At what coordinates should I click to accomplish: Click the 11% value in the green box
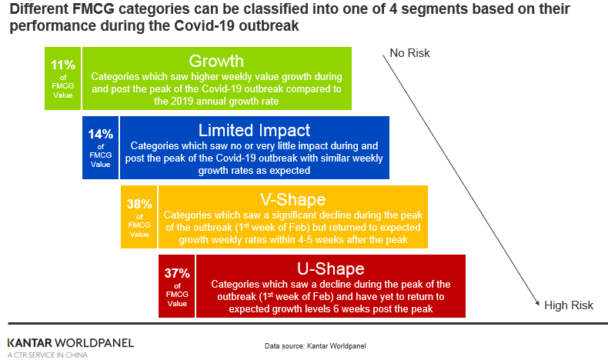coord(63,65)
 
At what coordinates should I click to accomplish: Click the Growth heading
coord(216,61)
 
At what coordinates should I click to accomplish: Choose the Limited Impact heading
coord(254,130)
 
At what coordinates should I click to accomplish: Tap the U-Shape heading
coord(330,269)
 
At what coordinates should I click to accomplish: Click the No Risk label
coord(410,53)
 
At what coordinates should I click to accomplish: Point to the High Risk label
coord(569,305)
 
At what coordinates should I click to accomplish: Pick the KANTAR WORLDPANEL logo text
coord(70,342)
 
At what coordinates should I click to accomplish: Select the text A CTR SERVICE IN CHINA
coord(47,355)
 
